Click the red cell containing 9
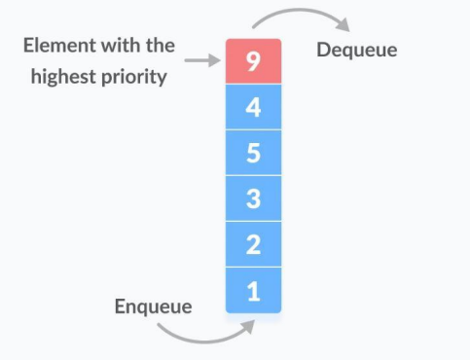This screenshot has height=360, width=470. (253, 60)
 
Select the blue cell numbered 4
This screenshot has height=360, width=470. (253, 106)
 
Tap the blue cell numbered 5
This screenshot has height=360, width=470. (253, 152)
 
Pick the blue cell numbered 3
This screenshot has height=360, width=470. (253, 198)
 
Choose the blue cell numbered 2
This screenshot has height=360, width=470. (253, 243)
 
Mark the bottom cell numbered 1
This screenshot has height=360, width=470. (253, 289)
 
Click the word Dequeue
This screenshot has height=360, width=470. (357, 50)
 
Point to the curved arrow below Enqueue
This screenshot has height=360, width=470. (199, 338)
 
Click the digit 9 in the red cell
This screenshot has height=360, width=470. (253, 60)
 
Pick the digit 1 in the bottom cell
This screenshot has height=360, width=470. (253, 289)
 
